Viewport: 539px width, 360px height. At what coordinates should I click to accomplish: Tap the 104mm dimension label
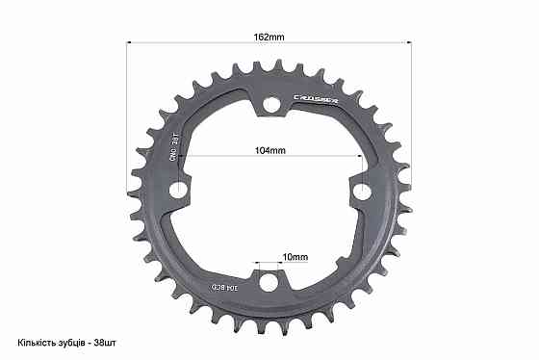270,151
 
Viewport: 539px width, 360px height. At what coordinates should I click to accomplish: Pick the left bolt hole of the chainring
177,191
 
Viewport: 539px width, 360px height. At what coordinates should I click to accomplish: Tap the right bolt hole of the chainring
361,192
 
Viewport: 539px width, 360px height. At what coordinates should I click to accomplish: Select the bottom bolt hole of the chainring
269,279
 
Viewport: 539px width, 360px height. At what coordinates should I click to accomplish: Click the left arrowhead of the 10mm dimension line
258,264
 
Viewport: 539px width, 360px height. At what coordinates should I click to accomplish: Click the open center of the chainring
269,197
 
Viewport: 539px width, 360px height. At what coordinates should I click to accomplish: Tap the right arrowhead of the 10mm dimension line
280,264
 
